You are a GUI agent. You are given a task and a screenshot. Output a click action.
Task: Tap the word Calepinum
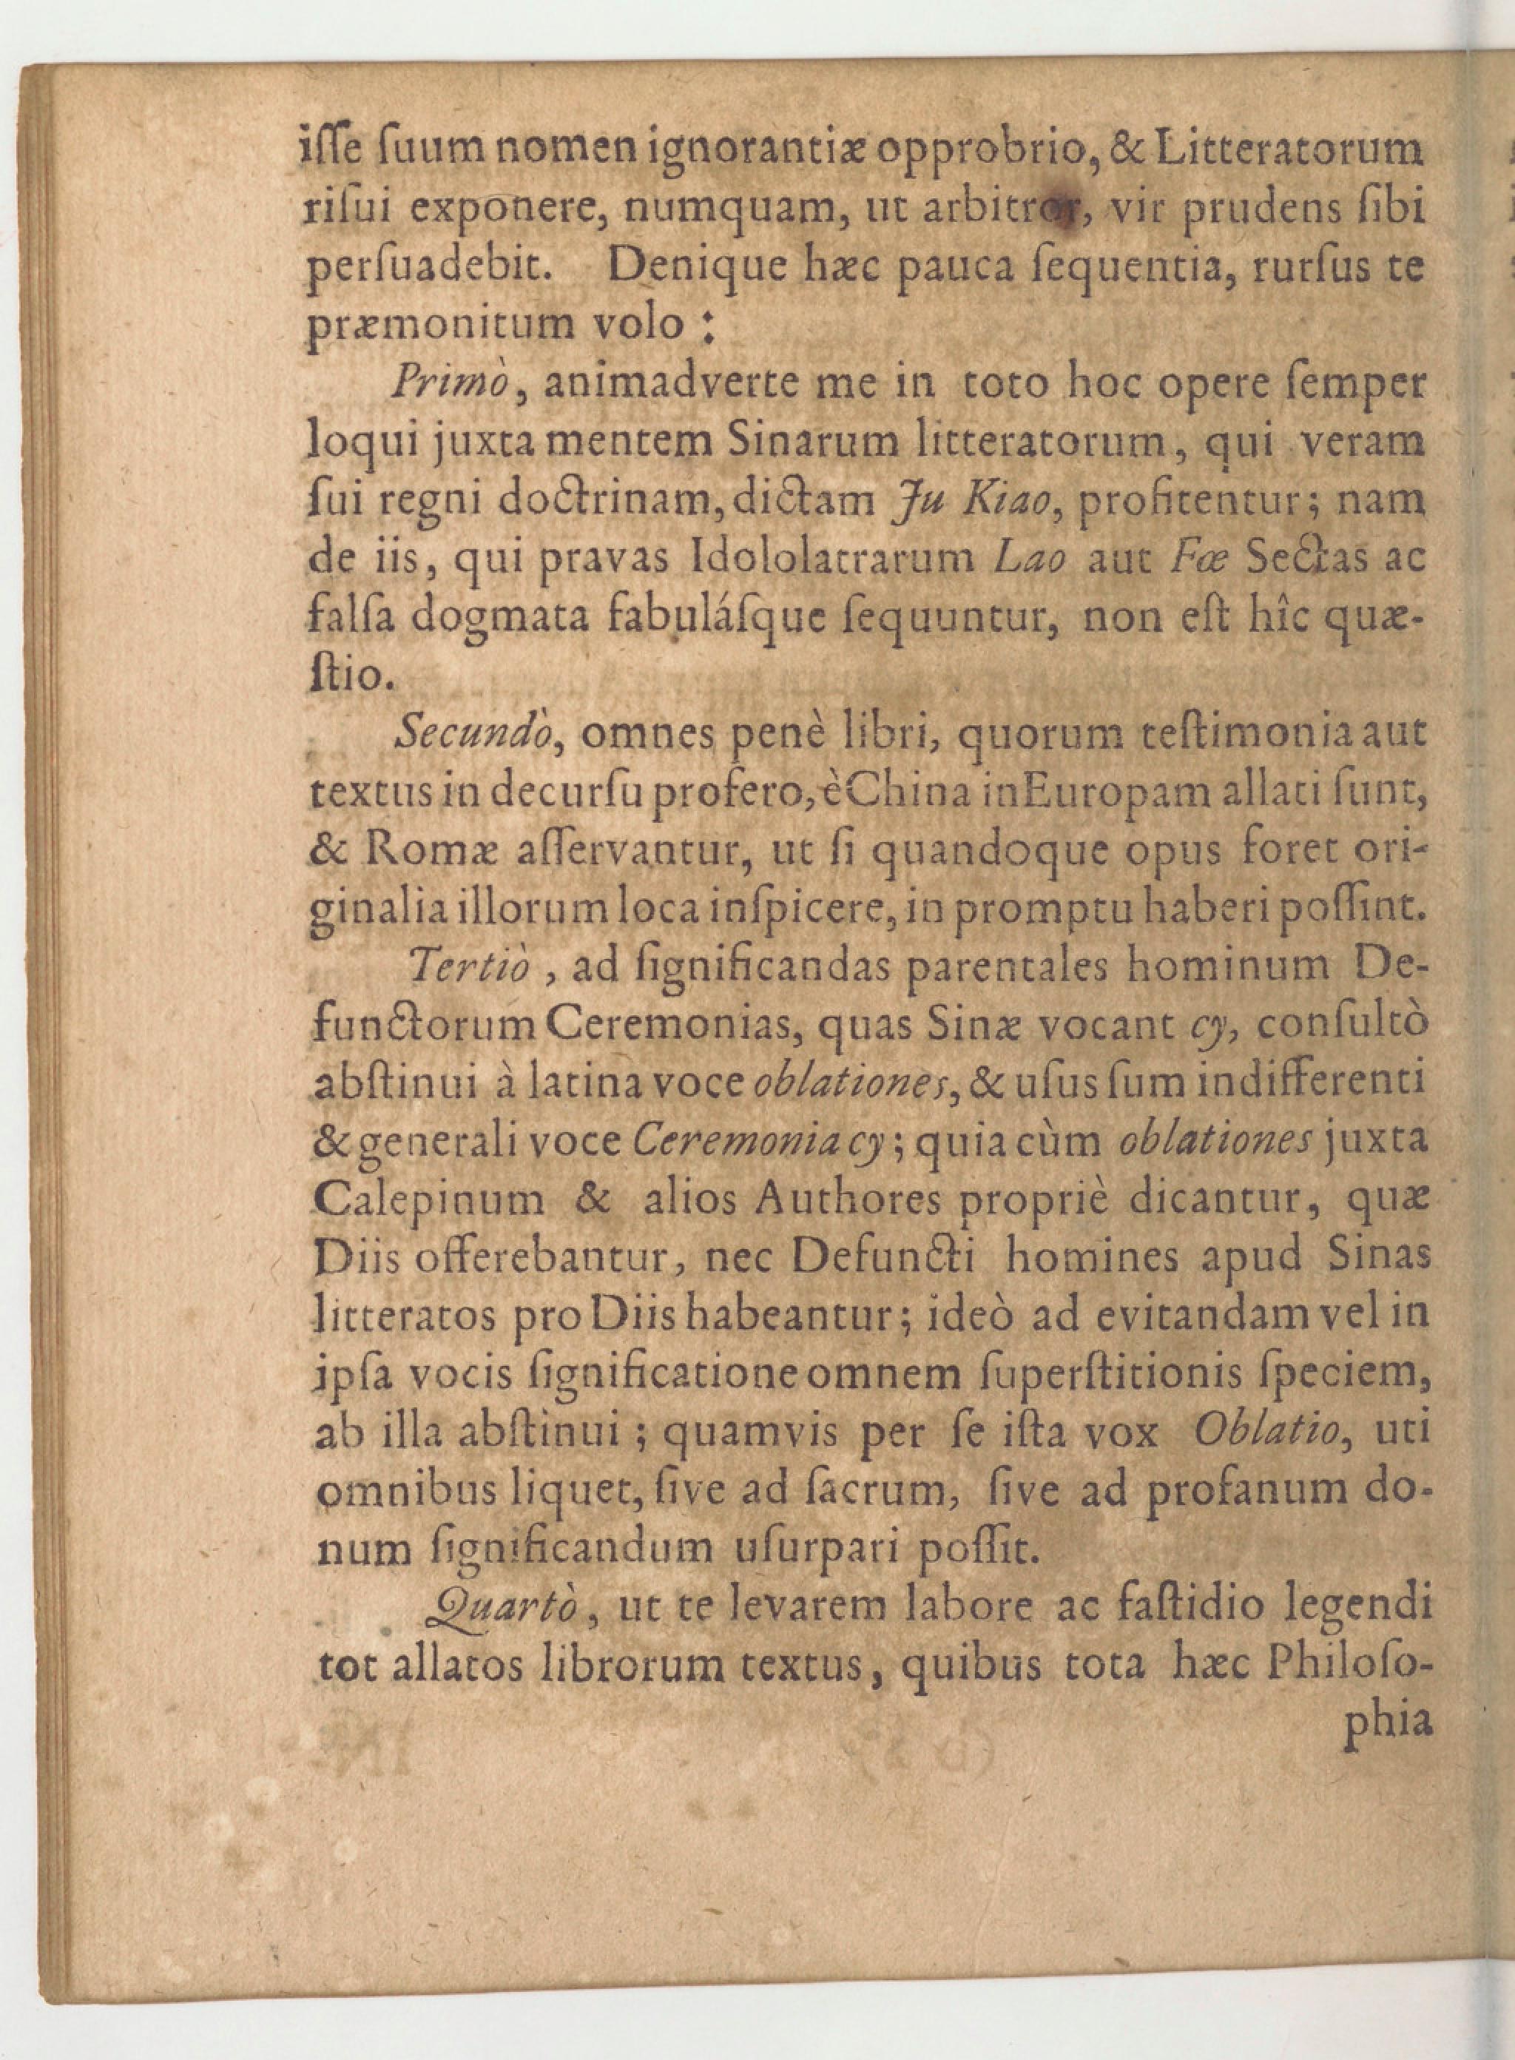point(428,1202)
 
